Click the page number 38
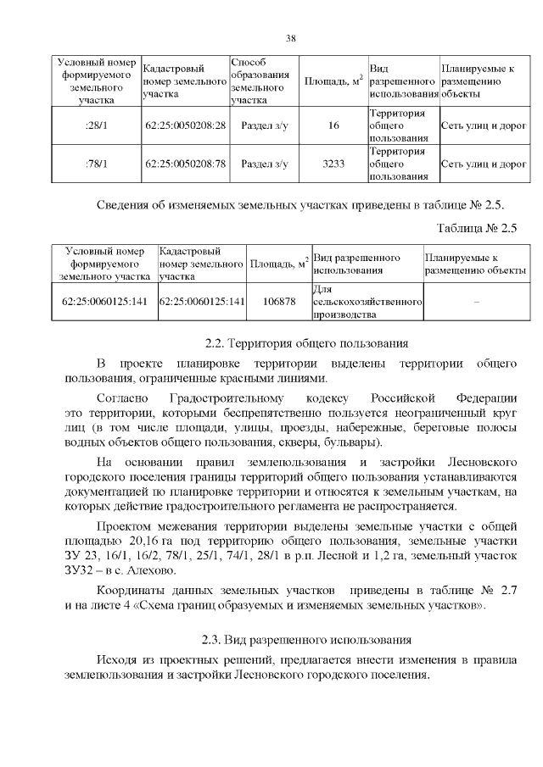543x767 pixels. tap(290, 38)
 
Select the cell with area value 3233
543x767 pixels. tap(333, 164)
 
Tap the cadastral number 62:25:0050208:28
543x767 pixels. tap(186, 125)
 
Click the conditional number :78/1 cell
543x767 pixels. tap(95, 164)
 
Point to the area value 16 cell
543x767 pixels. tap(333, 125)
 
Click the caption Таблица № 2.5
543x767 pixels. tap(476, 229)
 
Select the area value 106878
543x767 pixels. tap(279, 301)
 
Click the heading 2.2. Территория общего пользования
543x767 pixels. tap(307, 343)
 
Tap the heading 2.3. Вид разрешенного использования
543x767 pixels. tap(307, 638)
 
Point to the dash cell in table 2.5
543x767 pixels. tap(476, 301)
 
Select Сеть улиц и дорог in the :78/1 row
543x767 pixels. tap(483, 164)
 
